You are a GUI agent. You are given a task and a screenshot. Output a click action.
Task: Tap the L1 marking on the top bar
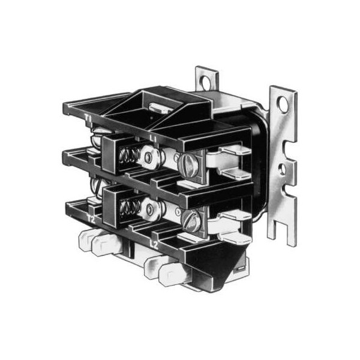(x=154, y=139)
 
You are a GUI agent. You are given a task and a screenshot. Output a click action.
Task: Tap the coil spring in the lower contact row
(x=128, y=209)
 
